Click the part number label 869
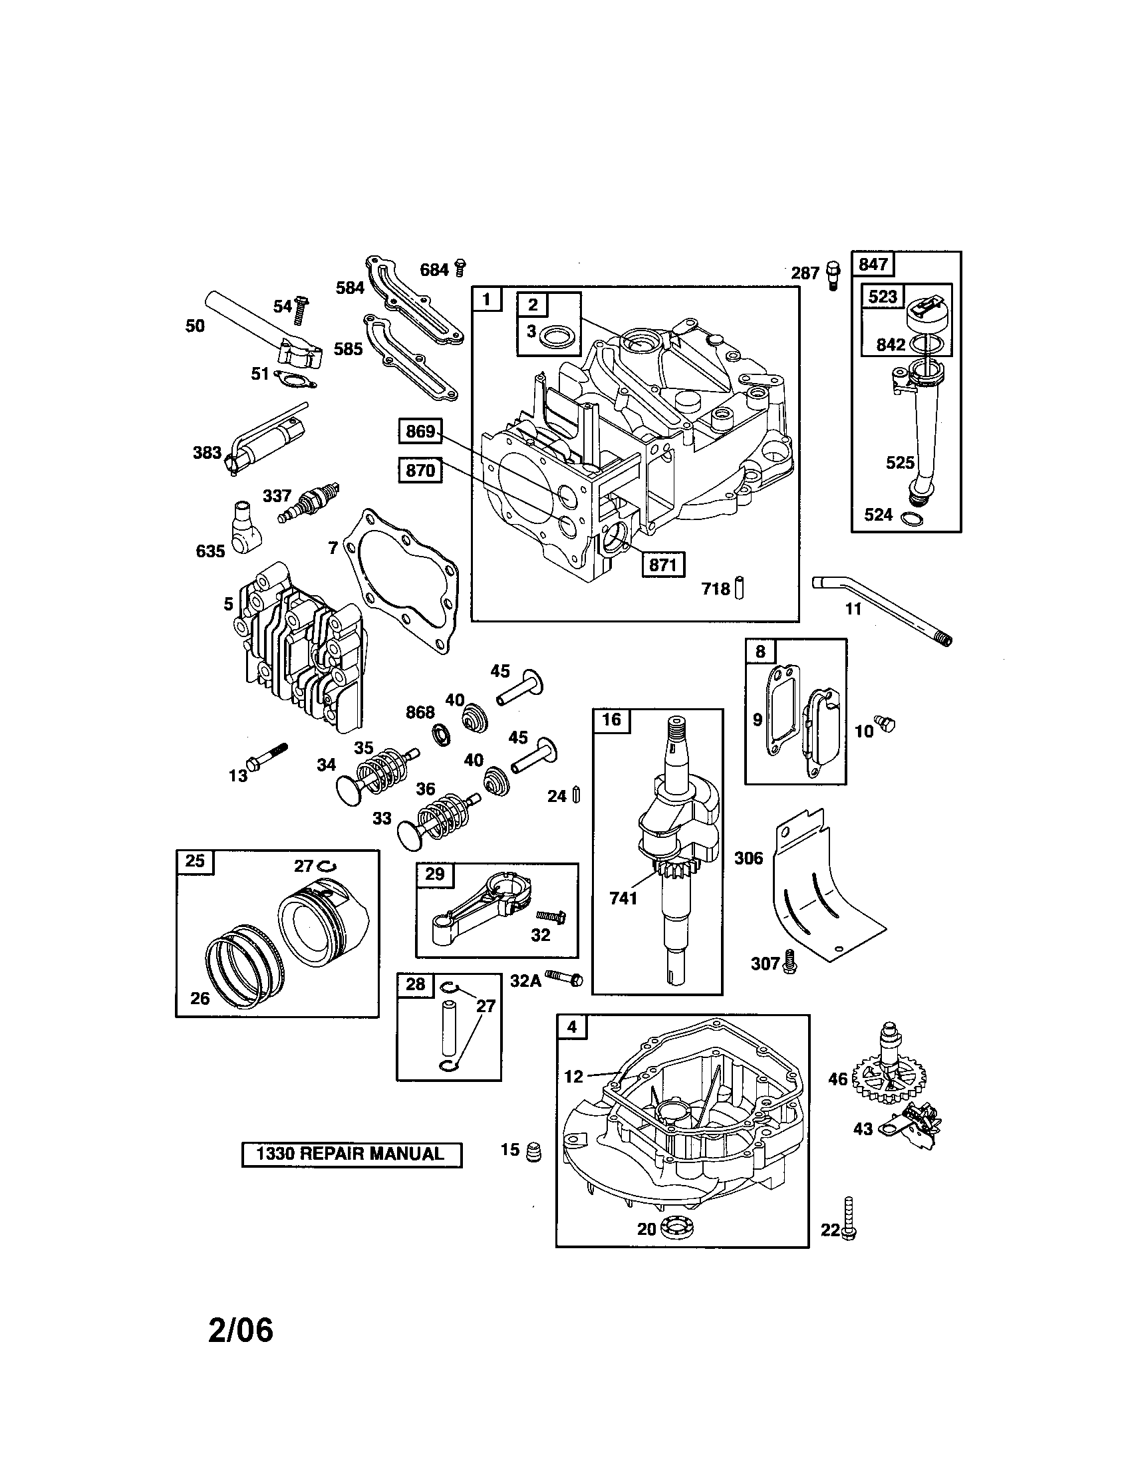pos(420,432)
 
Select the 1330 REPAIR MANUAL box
pos(352,1154)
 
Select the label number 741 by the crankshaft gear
pos(623,898)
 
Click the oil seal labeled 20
pos(678,1228)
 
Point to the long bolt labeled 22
pos(849,1217)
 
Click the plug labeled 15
pos(533,1152)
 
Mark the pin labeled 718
pos(740,587)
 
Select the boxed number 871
pos(662,564)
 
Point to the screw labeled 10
pos(887,724)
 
